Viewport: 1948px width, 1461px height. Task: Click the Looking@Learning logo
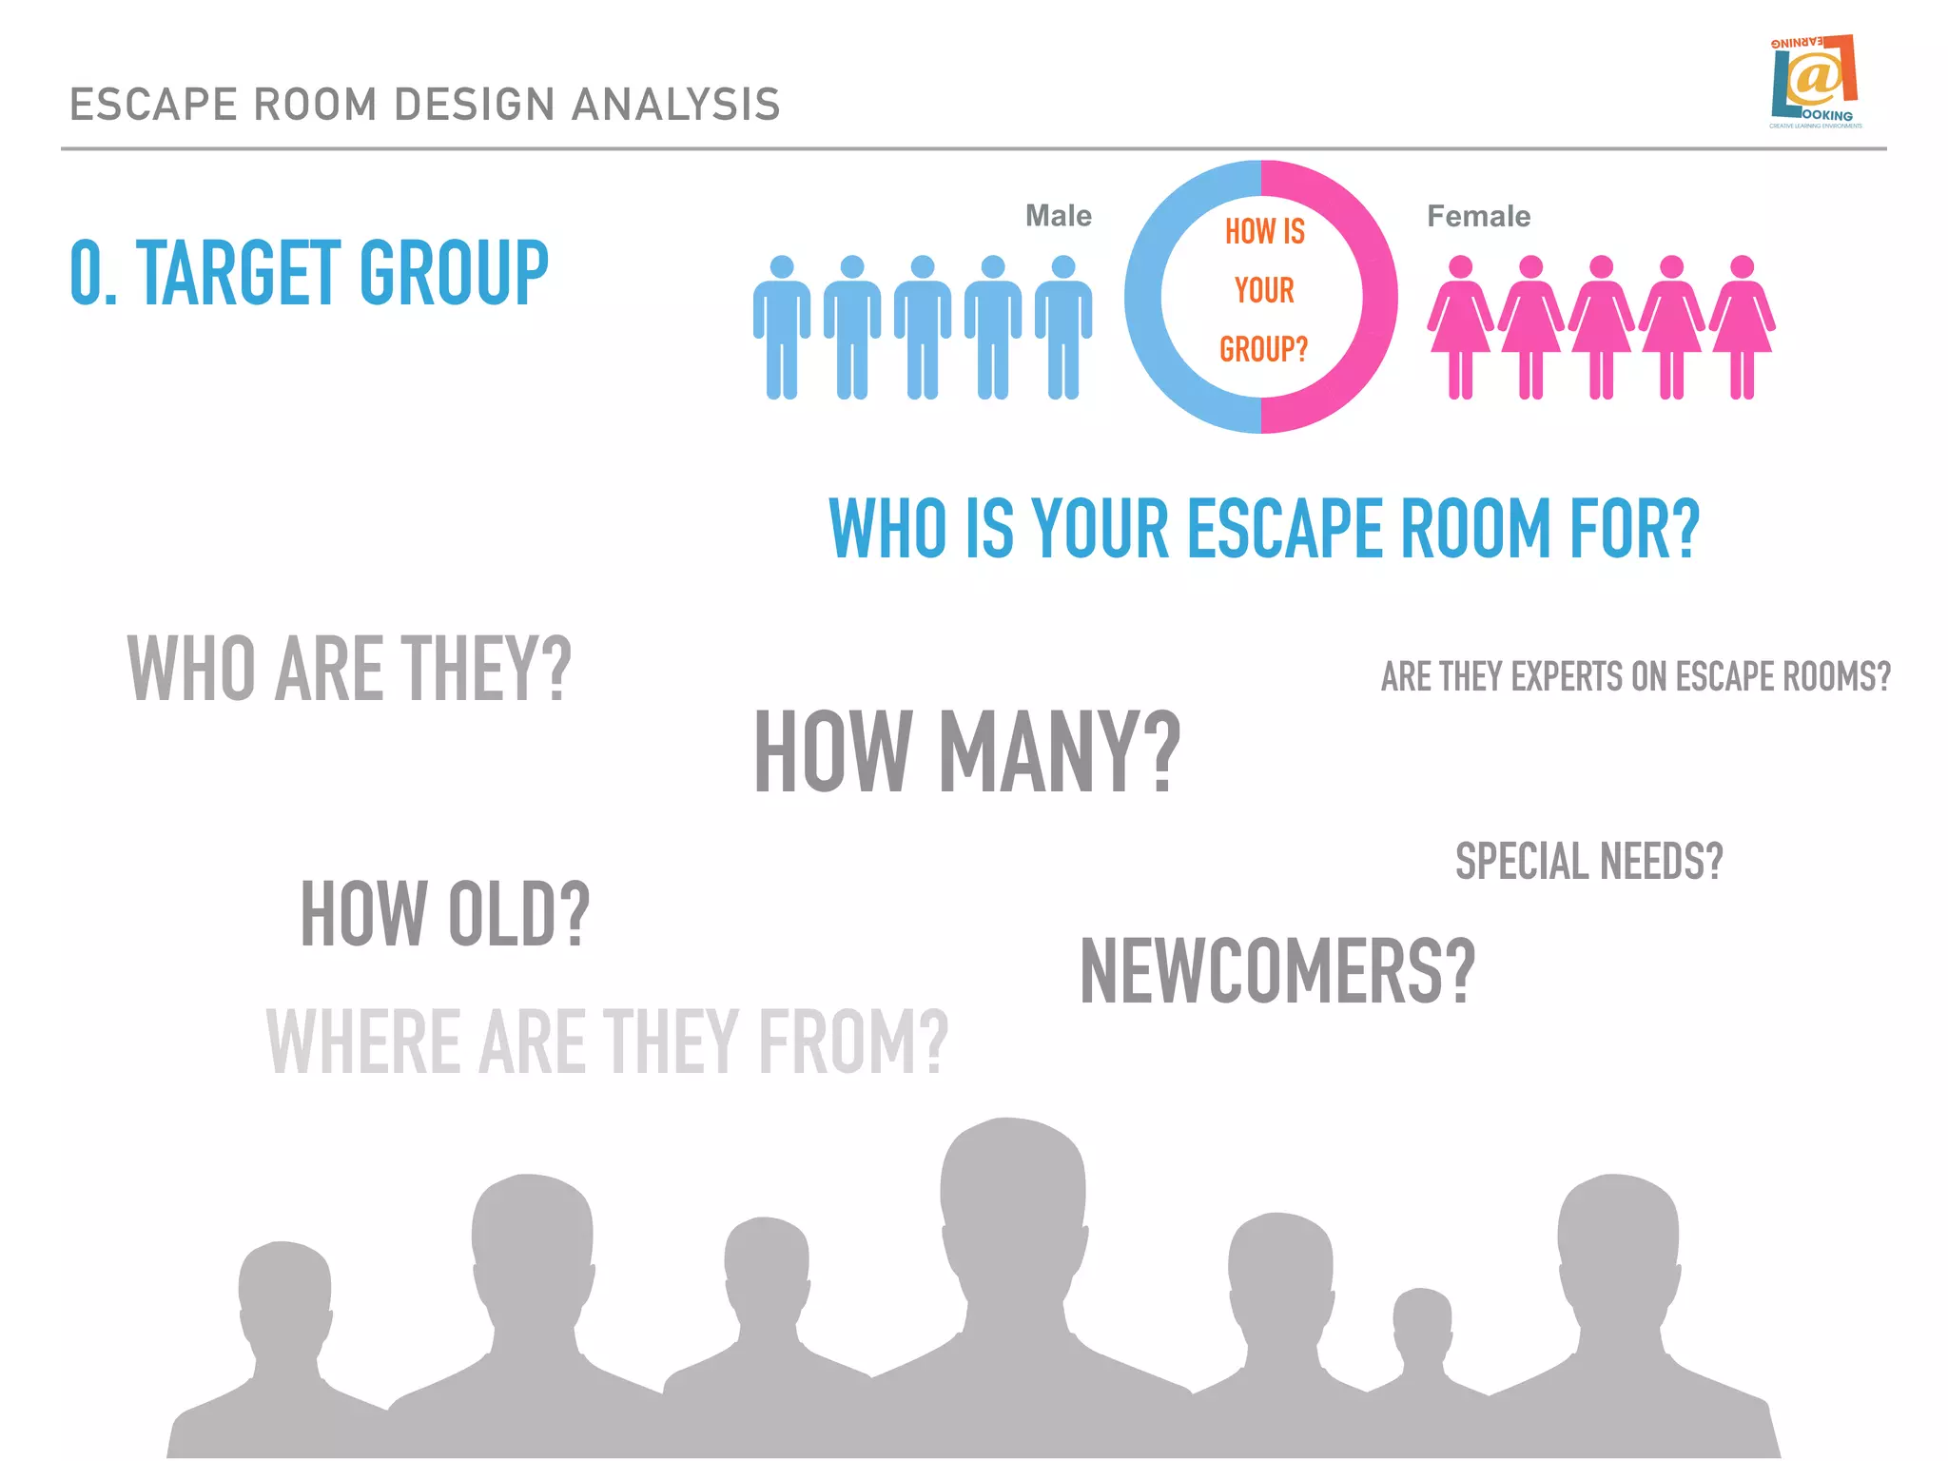point(1815,82)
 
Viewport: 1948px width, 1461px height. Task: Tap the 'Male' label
point(1058,216)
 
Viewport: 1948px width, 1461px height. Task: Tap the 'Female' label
point(1478,216)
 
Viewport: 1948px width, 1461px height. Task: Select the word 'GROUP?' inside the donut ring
point(1263,349)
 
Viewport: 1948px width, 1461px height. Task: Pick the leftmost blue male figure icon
point(781,326)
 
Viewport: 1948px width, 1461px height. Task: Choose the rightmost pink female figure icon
point(1742,326)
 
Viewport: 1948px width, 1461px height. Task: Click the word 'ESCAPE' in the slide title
point(153,105)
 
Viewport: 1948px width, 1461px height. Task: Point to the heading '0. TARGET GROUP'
point(309,273)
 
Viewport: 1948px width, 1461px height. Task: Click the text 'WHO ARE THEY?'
point(349,669)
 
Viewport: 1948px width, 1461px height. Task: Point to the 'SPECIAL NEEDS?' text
point(1588,861)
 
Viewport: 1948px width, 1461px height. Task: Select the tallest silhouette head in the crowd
point(1012,1198)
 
